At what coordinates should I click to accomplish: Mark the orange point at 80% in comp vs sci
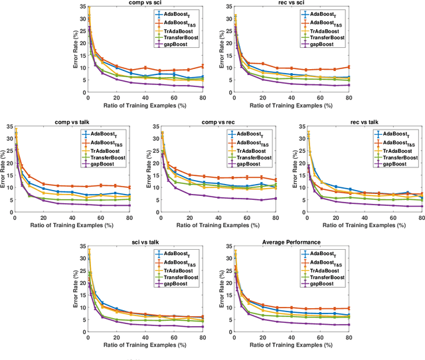point(203,66)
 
